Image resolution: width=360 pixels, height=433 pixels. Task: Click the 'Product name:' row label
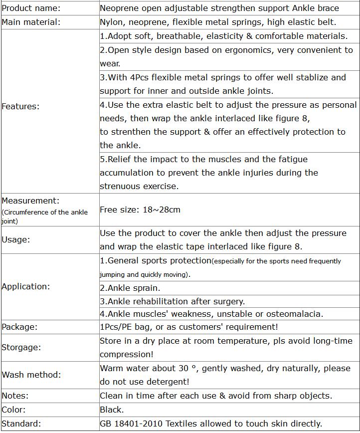pyautogui.click(x=31, y=8)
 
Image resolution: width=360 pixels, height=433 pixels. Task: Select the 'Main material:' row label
pyautogui.click(x=31, y=22)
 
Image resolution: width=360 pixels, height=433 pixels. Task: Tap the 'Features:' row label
pyautogui.click(x=20, y=106)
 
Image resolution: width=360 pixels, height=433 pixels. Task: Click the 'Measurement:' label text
pyautogui.click(x=30, y=201)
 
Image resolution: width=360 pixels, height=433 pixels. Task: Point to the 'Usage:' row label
pyautogui.click(x=16, y=239)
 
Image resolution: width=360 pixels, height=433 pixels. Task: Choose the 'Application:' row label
pyautogui.click(x=26, y=286)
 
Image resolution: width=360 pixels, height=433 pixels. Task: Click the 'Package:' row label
pyautogui.click(x=19, y=327)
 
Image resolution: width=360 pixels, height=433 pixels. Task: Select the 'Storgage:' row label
pyautogui.click(x=21, y=347)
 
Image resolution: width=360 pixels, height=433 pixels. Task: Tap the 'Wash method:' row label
pyautogui.click(x=31, y=375)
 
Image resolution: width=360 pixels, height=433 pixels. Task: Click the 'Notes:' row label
pyautogui.click(x=15, y=396)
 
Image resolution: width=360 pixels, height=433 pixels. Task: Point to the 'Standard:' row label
pyautogui.click(x=21, y=424)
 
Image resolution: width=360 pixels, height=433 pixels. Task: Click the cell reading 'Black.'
pyautogui.click(x=112, y=410)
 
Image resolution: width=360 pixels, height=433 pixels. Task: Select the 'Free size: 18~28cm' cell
pyautogui.click(x=140, y=210)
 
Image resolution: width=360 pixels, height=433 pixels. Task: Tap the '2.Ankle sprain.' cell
pyautogui.click(x=130, y=288)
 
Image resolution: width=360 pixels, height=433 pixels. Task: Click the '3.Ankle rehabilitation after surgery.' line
pyautogui.click(x=172, y=301)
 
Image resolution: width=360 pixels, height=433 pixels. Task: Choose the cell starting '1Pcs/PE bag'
pyautogui.click(x=189, y=327)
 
